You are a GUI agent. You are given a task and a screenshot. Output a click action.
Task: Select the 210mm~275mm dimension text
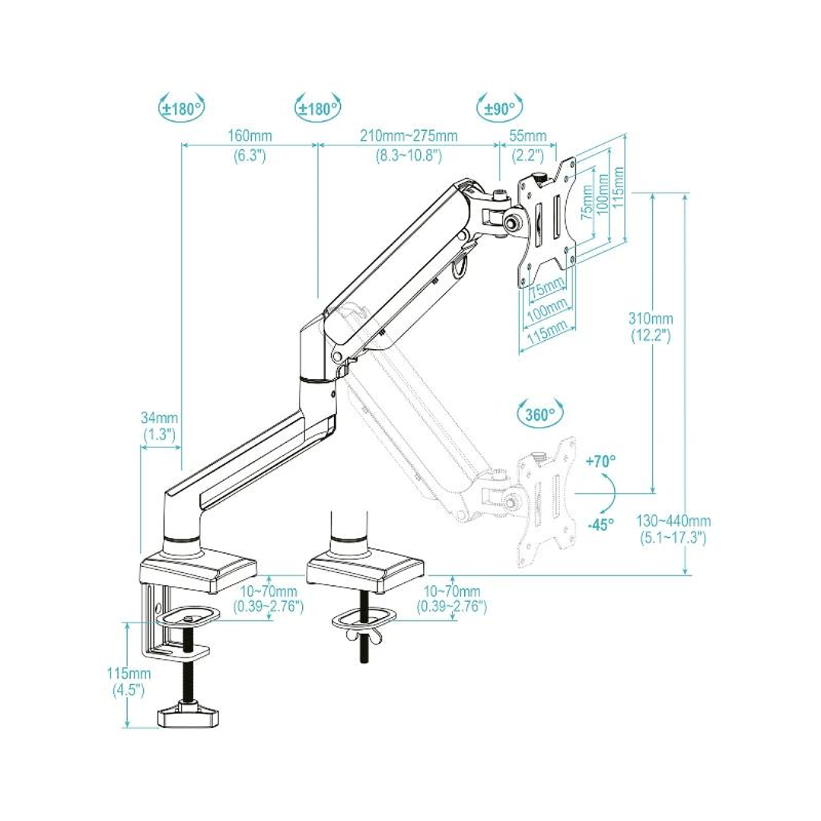coord(409,136)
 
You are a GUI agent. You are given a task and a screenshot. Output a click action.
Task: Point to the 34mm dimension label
coord(159,418)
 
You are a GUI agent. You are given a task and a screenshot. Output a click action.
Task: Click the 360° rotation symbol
coord(540,414)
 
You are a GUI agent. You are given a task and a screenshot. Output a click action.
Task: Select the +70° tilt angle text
coord(601,461)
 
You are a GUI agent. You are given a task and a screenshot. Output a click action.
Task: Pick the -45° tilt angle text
coord(601,525)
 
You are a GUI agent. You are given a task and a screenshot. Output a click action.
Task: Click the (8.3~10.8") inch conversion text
coord(409,156)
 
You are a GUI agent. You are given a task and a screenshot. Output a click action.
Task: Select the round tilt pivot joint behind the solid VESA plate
coord(511,222)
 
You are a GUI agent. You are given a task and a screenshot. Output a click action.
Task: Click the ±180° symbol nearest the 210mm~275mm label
coord(317,108)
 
